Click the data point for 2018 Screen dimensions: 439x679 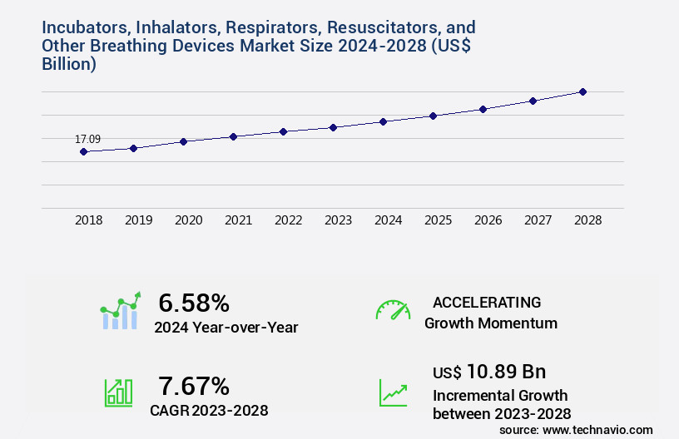(x=83, y=151)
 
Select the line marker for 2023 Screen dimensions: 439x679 (x=333, y=127)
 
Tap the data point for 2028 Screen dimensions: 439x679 (x=582, y=91)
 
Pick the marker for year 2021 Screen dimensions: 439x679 (x=233, y=136)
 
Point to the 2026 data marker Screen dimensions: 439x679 (x=483, y=109)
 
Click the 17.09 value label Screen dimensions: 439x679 (x=88, y=139)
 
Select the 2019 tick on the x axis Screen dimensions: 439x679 (x=139, y=220)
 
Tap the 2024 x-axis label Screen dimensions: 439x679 (x=389, y=220)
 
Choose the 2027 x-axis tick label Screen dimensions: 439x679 (x=538, y=220)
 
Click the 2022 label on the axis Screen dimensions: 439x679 (x=289, y=220)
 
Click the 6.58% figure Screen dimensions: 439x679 (x=194, y=303)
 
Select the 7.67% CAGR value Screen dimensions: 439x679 (x=194, y=386)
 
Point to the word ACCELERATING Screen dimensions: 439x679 (x=487, y=302)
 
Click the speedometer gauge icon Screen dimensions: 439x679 (x=393, y=309)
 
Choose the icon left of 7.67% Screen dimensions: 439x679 (x=118, y=392)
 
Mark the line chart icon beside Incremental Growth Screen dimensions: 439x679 (x=393, y=392)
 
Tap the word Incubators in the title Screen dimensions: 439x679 (x=83, y=27)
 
